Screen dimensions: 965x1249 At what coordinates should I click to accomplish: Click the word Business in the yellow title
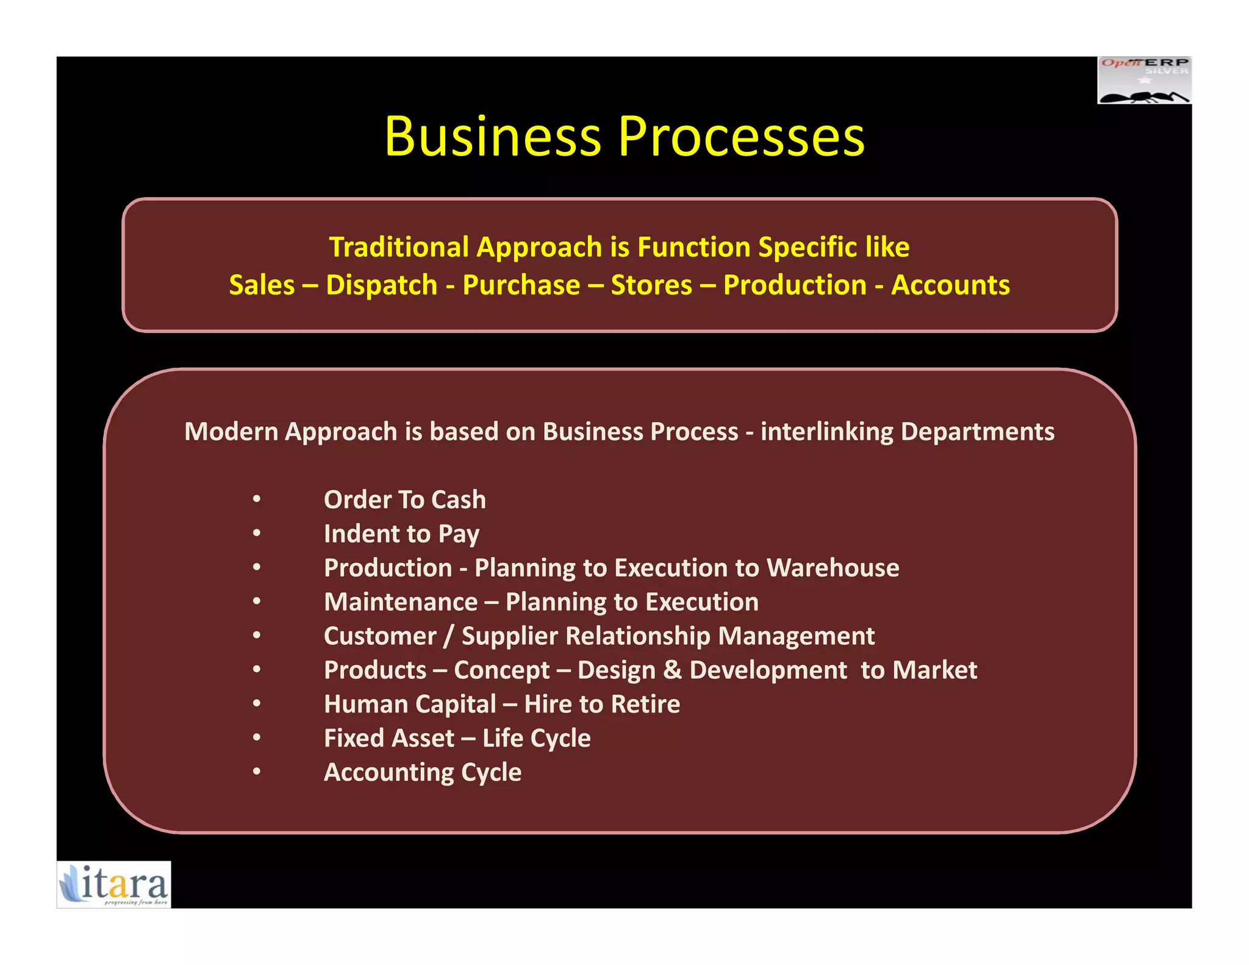click(493, 137)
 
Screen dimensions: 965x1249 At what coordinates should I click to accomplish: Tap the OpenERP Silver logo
click(1144, 81)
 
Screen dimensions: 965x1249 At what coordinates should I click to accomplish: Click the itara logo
click(114, 884)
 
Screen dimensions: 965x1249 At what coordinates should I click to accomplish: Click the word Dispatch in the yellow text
click(381, 285)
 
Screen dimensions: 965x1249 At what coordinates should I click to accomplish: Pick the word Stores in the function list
click(651, 285)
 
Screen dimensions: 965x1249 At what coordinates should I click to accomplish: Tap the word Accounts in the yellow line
click(950, 285)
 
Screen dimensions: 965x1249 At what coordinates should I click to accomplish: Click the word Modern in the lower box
click(231, 432)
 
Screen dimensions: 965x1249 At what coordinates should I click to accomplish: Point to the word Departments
click(977, 432)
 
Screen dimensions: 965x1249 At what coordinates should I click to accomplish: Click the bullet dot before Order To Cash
click(257, 500)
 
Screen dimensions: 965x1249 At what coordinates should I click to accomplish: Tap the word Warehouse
click(832, 568)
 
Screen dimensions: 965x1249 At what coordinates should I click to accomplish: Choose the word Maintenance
click(401, 603)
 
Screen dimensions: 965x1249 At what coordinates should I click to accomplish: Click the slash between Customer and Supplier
click(449, 637)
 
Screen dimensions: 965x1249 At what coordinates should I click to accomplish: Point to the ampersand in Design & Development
click(672, 670)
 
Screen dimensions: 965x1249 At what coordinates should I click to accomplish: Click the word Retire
click(645, 705)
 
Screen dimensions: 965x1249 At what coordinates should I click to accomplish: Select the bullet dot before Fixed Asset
click(257, 738)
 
